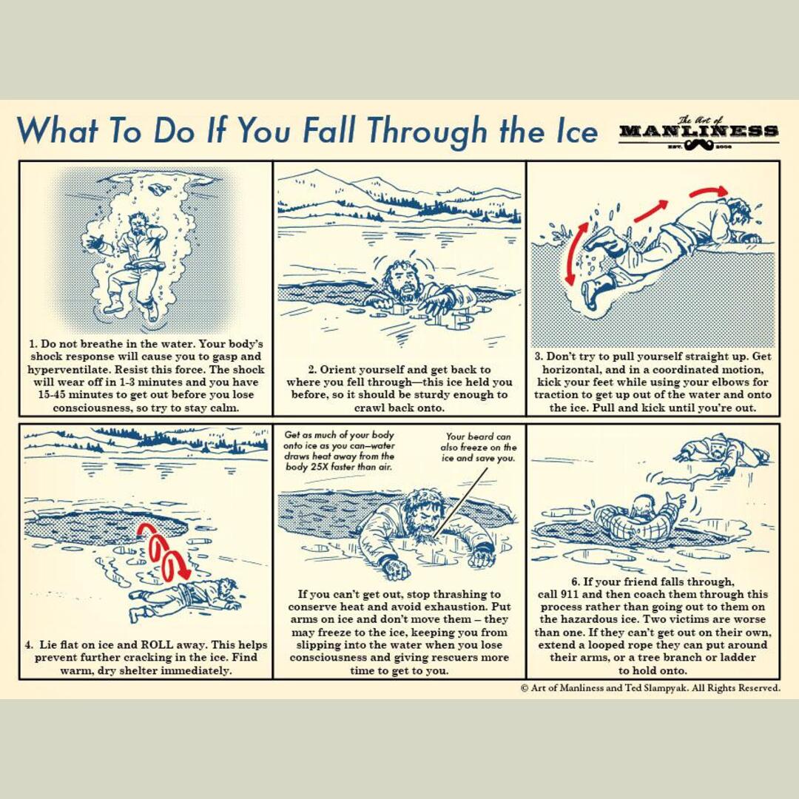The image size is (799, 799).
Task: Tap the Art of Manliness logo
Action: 698,132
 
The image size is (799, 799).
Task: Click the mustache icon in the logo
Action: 699,146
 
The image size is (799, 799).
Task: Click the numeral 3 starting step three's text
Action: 538,357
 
